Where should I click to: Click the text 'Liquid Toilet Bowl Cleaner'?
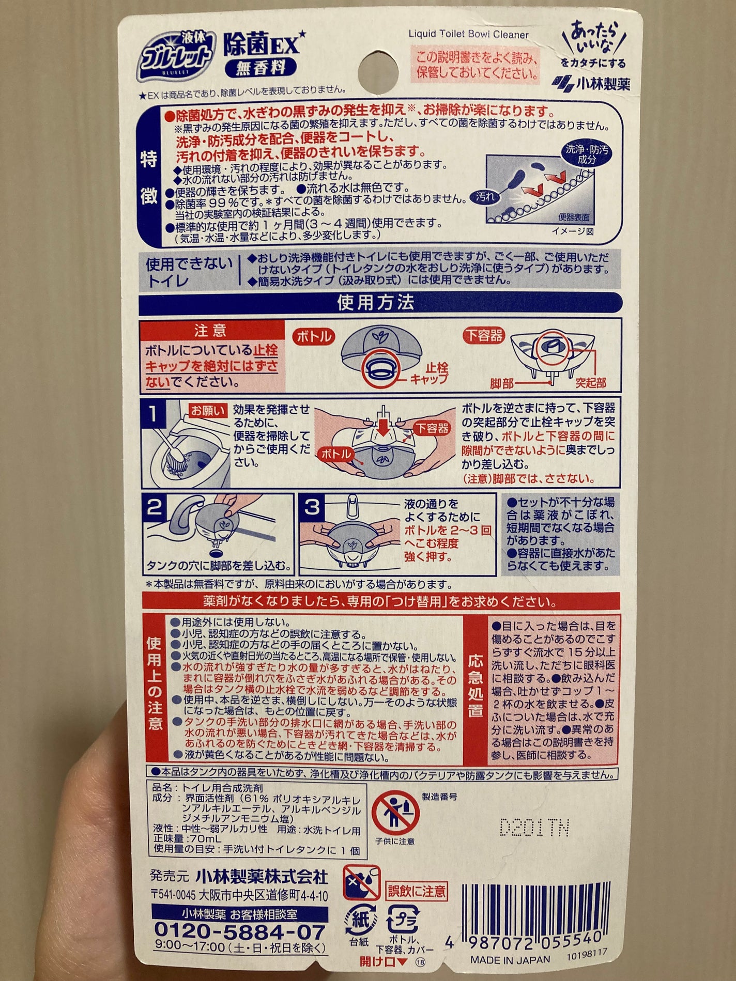tap(468, 35)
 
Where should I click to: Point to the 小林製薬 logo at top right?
tap(591, 83)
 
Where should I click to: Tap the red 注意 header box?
tap(211, 331)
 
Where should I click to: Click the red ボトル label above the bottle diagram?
tap(314, 336)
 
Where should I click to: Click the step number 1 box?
tap(154, 414)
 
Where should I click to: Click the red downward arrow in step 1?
tap(384, 428)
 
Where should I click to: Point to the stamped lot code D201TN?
tap(534, 828)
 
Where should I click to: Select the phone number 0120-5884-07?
tap(240, 932)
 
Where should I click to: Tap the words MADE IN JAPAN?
tap(510, 959)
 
